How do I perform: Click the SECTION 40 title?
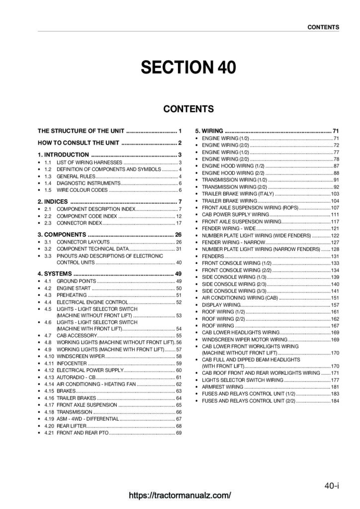pyautogui.click(x=180, y=68)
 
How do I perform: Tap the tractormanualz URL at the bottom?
pyautogui.click(x=180, y=495)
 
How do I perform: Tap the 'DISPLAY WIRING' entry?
pyautogui.click(x=221, y=304)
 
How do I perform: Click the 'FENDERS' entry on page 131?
pyautogui.click(x=213, y=255)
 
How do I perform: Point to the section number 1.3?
pyautogui.click(x=48, y=176)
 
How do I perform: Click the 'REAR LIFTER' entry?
pyautogui.click(x=71, y=426)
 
